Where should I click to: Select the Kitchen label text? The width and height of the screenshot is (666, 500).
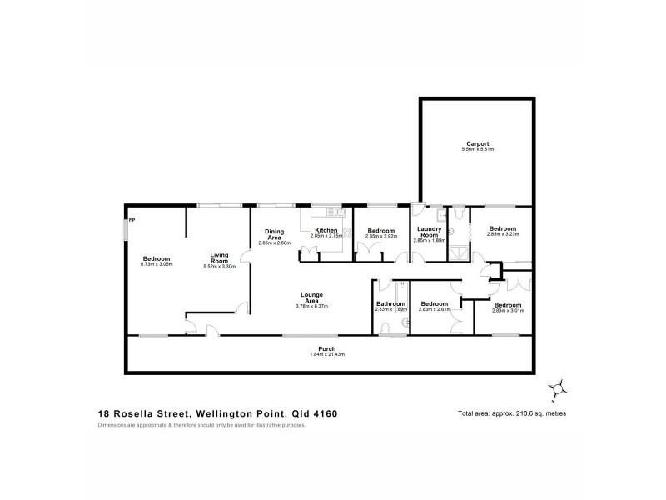pos(326,230)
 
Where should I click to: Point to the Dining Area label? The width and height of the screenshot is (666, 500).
pos(276,234)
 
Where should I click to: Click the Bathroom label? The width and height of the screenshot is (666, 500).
pos(390,304)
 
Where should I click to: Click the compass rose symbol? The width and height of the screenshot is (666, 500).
pos(560,386)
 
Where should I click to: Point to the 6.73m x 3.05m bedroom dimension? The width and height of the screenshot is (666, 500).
pos(157,264)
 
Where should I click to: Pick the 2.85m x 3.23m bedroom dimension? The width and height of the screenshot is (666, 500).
pos(503,234)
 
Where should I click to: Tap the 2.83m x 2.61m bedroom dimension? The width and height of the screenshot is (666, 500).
pos(435,309)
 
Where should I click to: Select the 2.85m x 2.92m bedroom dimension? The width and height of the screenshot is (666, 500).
pos(381,236)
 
